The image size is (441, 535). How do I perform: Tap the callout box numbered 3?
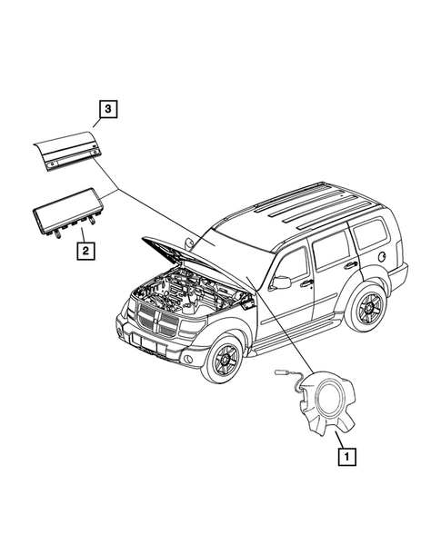click(x=108, y=111)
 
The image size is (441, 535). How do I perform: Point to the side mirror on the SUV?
click(x=283, y=282)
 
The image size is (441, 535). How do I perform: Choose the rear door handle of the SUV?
click(x=350, y=265)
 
